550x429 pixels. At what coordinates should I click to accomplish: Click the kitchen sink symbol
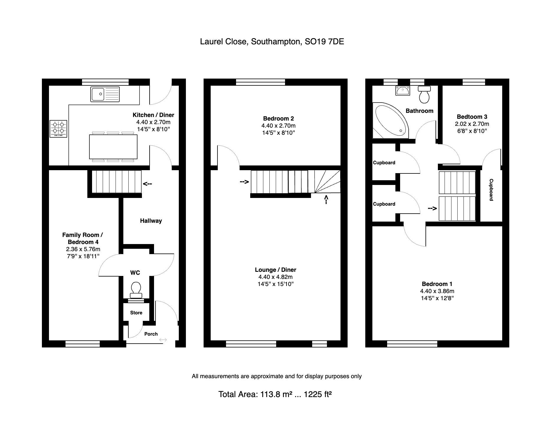(x=105, y=94)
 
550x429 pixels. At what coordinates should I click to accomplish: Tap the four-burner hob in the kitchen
(x=58, y=129)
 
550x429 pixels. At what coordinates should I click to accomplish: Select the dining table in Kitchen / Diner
(x=113, y=147)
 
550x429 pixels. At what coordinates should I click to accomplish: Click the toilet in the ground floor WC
(x=136, y=290)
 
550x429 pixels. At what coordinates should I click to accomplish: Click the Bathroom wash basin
(x=402, y=90)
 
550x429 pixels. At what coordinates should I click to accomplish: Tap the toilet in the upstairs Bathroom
(x=424, y=94)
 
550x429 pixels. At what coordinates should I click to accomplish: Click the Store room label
(x=136, y=313)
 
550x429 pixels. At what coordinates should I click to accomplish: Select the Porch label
(x=151, y=334)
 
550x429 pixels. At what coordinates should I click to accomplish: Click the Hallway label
(x=151, y=221)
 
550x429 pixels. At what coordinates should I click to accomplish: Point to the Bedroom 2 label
(x=278, y=118)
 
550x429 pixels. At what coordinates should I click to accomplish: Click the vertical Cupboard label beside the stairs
(x=491, y=190)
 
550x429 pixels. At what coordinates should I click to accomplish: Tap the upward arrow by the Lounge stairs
(x=326, y=199)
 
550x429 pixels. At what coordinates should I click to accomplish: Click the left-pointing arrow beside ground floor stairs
(x=147, y=184)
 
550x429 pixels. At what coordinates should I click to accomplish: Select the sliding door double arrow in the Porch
(x=163, y=340)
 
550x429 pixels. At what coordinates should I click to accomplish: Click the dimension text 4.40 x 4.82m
(x=275, y=277)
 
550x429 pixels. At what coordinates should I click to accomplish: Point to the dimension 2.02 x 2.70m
(x=472, y=124)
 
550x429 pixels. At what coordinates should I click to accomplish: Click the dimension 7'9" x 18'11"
(x=83, y=256)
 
